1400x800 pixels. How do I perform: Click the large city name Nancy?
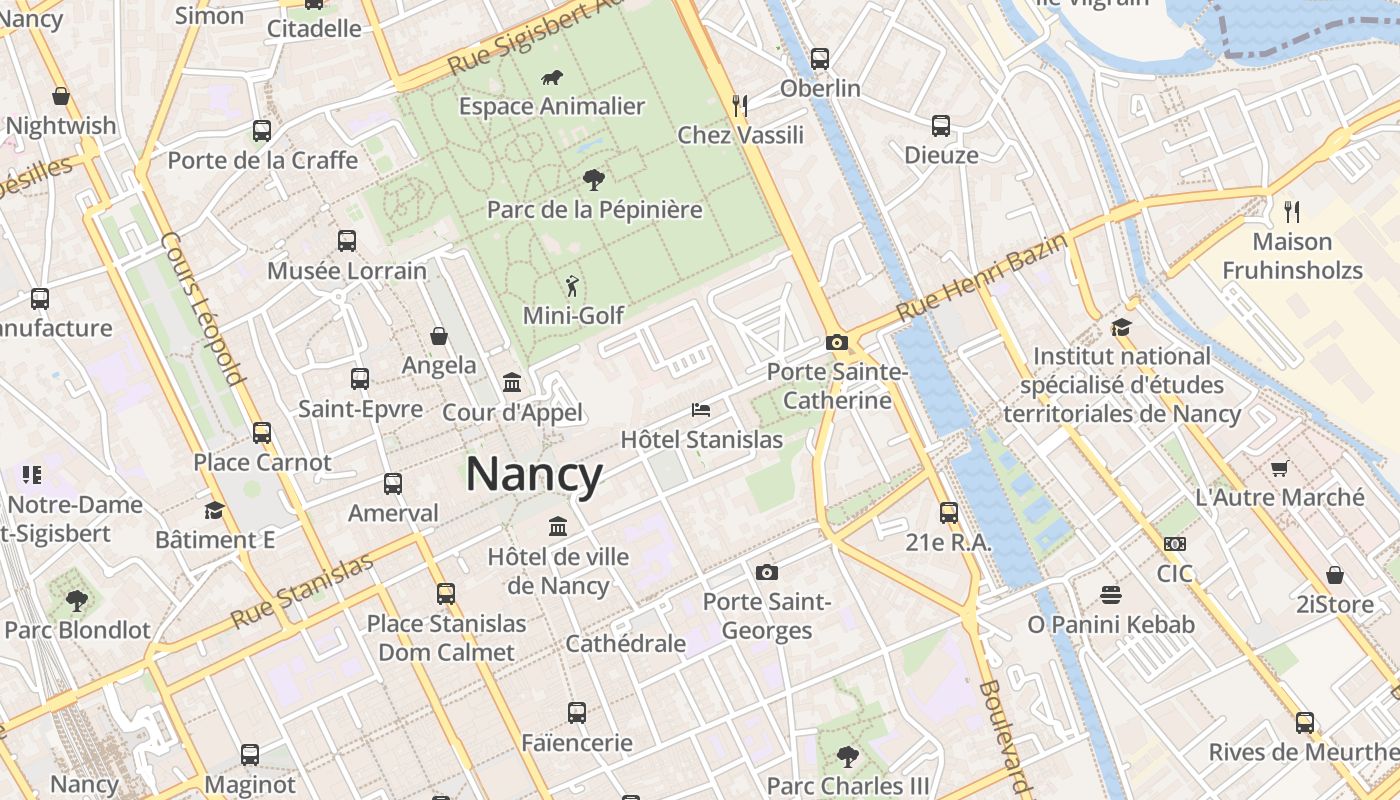[534, 474]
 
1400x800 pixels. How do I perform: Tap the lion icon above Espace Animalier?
[551, 77]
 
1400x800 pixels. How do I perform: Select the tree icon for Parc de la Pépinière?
[594, 180]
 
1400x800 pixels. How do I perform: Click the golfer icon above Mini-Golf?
[572, 286]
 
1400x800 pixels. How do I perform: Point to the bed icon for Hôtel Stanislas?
[701, 410]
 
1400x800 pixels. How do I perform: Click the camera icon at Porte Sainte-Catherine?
[837, 342]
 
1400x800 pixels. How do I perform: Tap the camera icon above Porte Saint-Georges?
[767, 572]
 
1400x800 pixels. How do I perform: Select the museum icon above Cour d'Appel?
[512, 382]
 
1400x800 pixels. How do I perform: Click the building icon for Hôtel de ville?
[558, 526]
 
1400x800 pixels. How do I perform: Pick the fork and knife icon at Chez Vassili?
[740, 105]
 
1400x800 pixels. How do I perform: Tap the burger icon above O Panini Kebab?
[1110, 595]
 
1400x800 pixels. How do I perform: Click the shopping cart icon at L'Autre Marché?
[1279, 467]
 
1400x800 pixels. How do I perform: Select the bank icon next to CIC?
[1174, 544]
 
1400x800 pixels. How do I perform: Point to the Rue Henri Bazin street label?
[981, 274]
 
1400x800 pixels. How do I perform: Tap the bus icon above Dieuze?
[941, 126]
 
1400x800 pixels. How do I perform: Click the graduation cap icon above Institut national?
[1121, 327]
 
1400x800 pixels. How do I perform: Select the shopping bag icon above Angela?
[438, 336]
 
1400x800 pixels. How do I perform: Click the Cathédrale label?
[625, 643]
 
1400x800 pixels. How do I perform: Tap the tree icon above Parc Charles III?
[848, 756]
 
